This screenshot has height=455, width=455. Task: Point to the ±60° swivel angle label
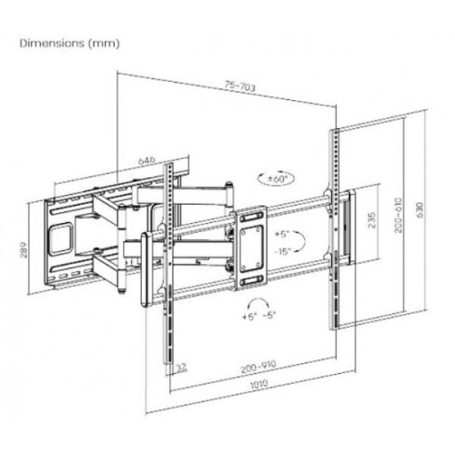tap(276, 179)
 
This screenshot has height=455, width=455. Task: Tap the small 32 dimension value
tap(182, 368)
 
